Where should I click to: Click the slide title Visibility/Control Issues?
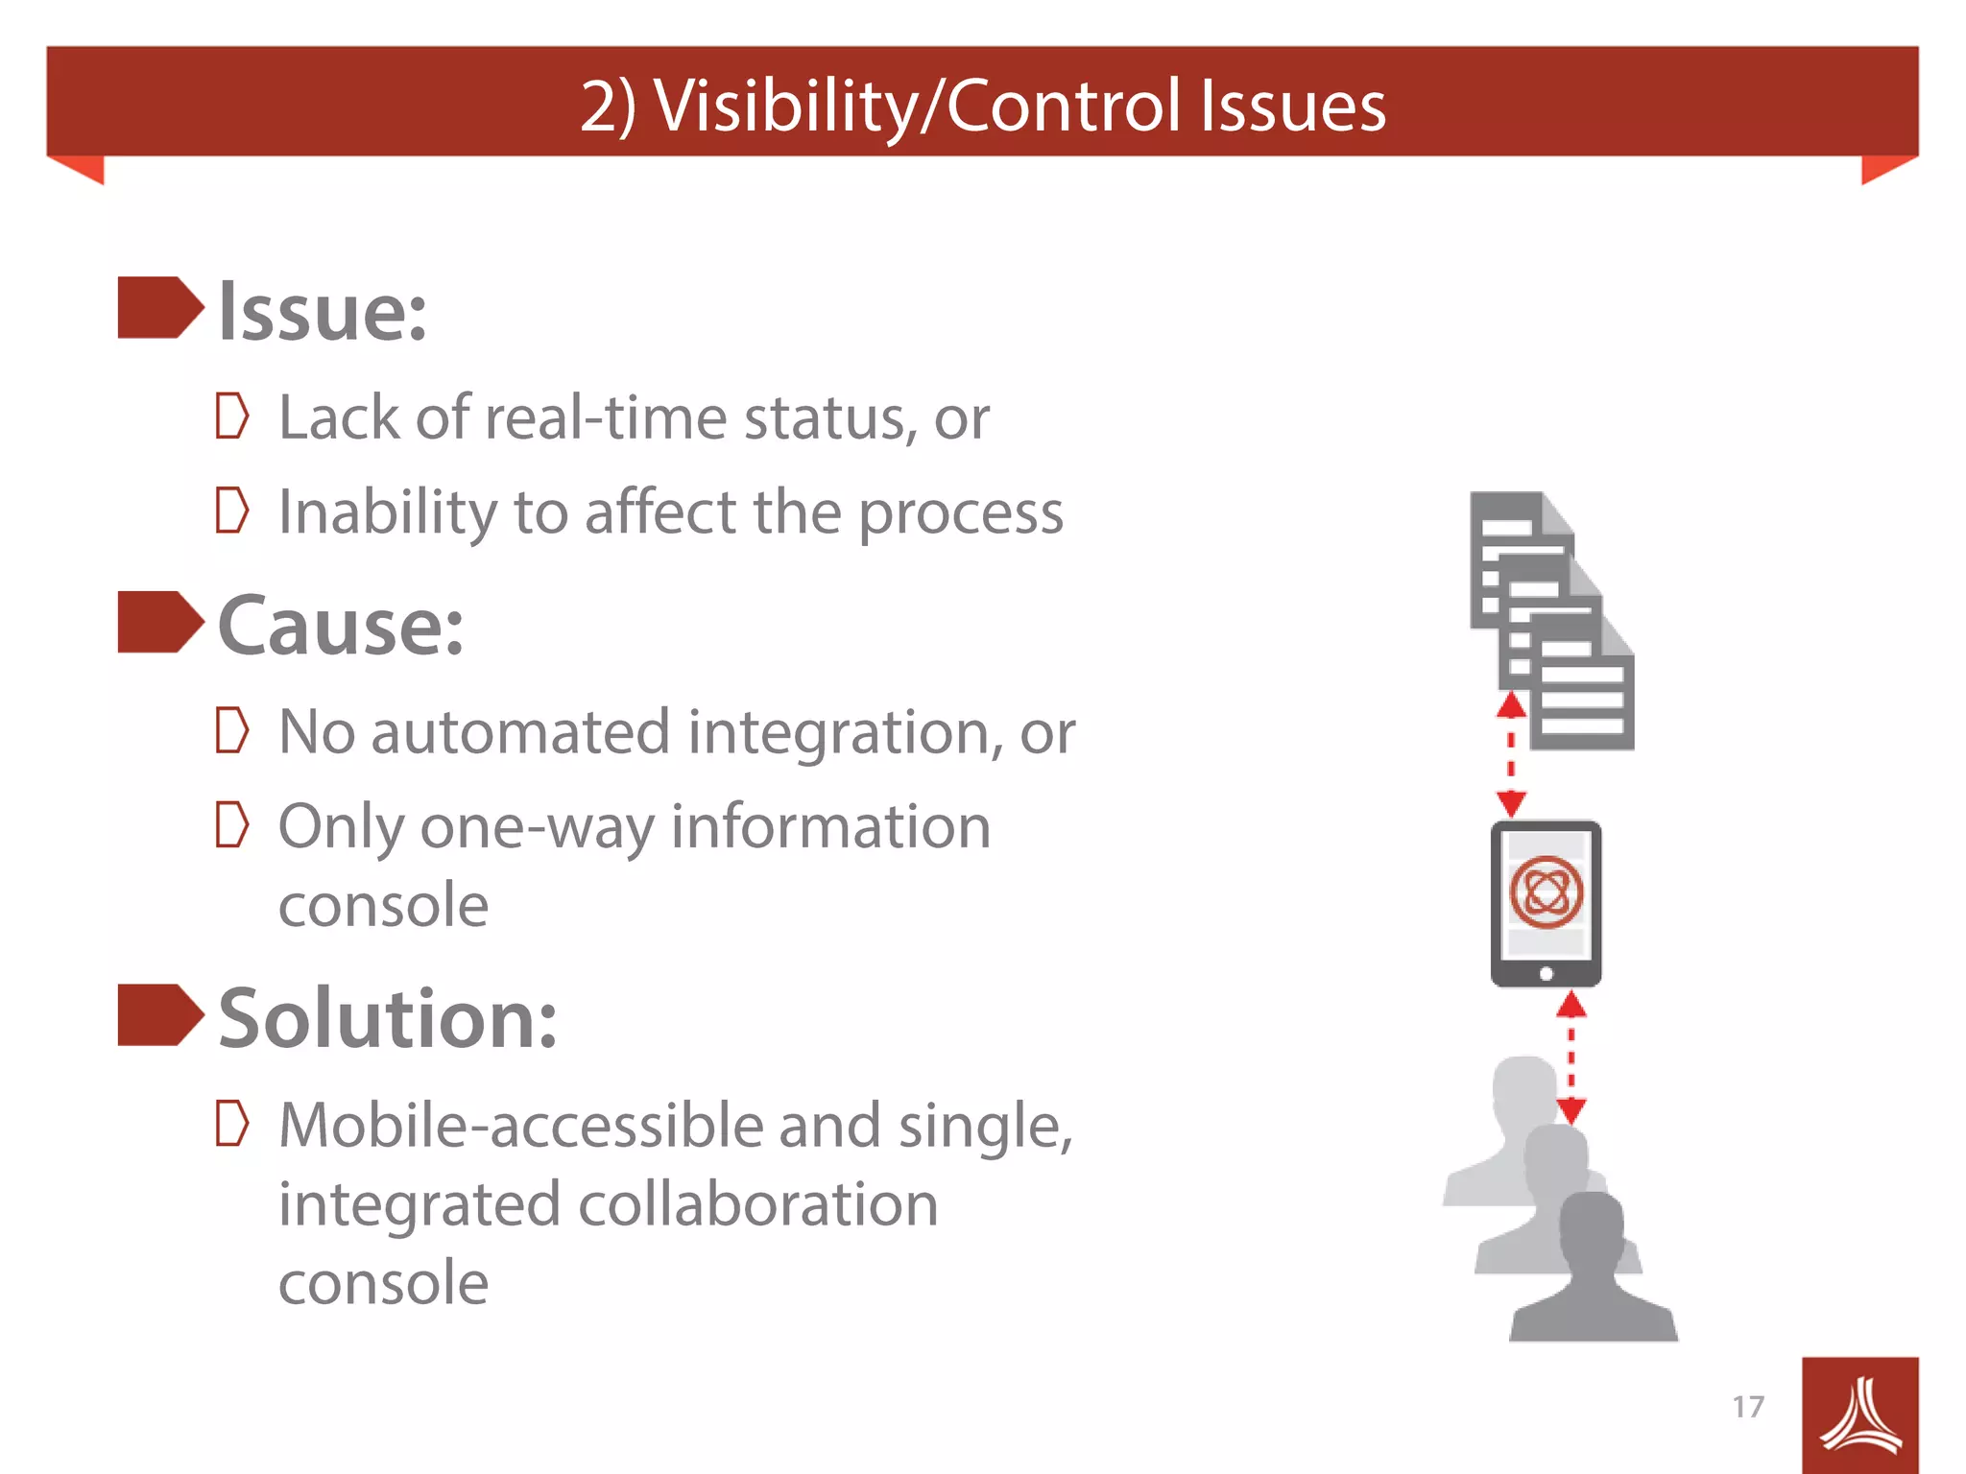(983, 105)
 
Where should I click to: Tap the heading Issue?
(323, 312)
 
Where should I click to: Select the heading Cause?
(341, 626)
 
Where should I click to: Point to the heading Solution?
(387, 1018)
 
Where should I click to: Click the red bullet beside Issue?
(159, 308)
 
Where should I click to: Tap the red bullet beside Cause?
(159, 622)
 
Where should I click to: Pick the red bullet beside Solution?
(159, 1014)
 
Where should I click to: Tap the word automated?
(520, 732)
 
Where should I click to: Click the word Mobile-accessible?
(519, 1125)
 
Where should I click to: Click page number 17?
(1748, 1407)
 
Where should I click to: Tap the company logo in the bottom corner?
(1859, 1415)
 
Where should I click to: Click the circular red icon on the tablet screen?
(1546, 892)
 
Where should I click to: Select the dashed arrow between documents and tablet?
(1511, 755)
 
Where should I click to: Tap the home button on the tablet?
(1546, 974)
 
